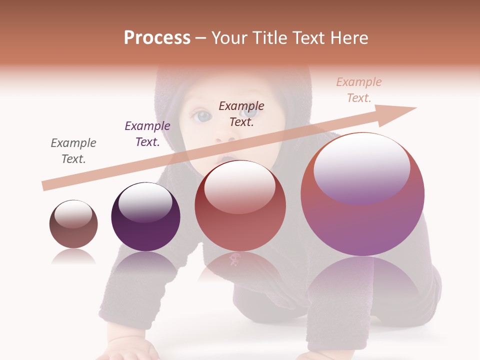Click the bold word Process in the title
157,38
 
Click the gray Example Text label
73,151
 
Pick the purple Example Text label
147,134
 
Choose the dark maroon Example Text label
241,114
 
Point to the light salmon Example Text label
359,90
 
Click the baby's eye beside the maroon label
202,116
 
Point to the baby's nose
225,137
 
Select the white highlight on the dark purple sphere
145,200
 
